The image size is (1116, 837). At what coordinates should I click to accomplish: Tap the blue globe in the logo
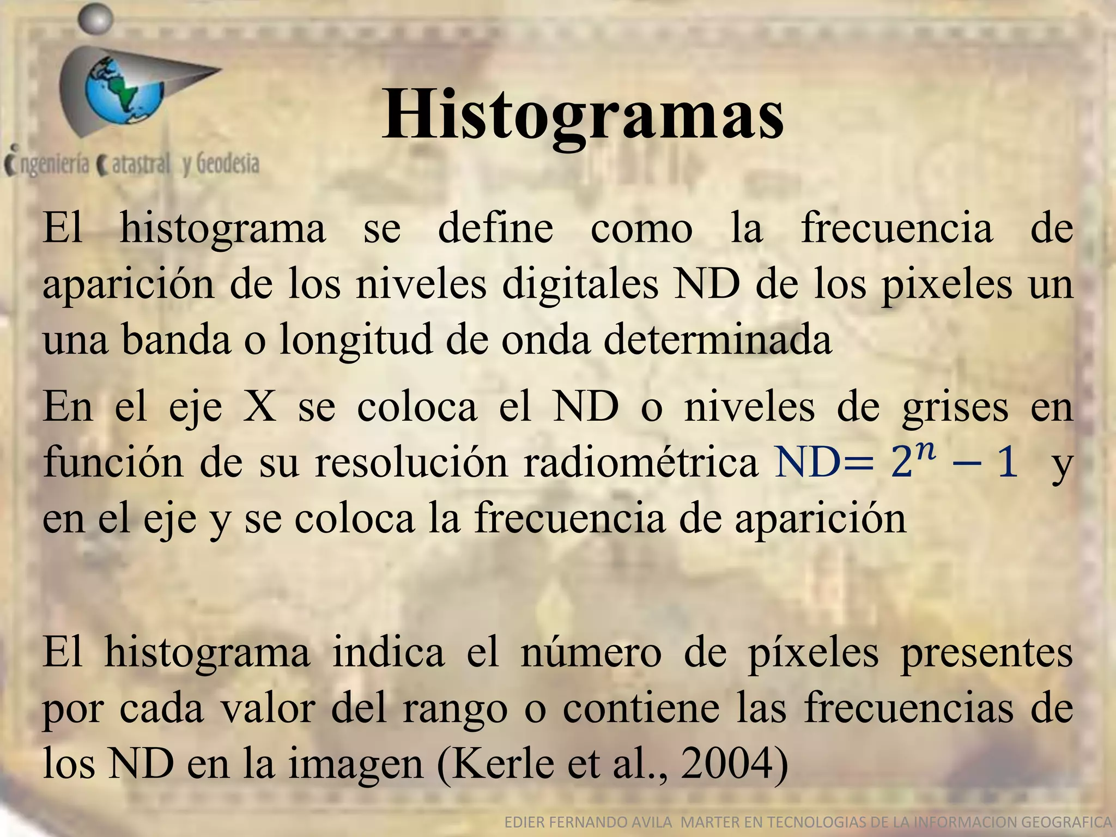(124, 92)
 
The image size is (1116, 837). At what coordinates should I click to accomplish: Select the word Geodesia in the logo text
(227, 164)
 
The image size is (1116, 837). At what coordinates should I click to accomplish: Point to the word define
(495, 228)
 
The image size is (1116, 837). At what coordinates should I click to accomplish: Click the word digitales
(579, 285)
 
